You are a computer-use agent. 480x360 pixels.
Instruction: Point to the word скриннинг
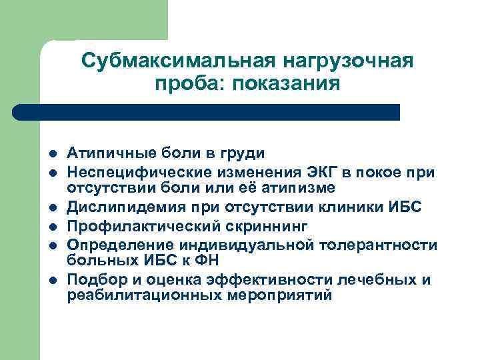tap(248, 226)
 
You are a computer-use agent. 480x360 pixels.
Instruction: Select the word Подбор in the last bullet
tap(94, 279)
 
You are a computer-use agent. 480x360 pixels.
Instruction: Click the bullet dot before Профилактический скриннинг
tap(53, 227)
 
